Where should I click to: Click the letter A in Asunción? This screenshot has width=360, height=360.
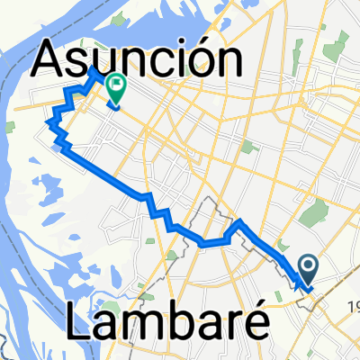point(52,61)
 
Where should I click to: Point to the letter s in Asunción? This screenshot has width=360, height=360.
point(81,65)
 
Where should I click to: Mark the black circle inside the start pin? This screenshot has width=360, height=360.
point(307,265)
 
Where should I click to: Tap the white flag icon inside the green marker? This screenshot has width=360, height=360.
point(117,85)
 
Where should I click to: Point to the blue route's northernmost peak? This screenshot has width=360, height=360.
point(94,67)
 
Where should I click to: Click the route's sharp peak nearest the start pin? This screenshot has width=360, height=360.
point(239,220)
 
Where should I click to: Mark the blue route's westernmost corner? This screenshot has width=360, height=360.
point(48,118)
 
